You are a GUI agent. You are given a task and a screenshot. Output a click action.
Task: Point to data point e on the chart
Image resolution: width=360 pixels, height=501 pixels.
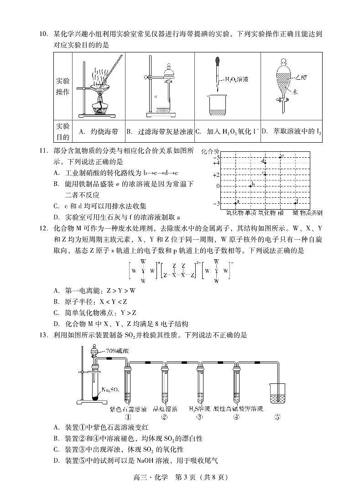coord(280,157)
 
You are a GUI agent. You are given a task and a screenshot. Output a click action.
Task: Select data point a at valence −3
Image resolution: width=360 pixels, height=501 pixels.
coord(235,202)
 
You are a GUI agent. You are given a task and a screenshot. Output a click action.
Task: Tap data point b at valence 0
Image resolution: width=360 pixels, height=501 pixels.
coord(250,185)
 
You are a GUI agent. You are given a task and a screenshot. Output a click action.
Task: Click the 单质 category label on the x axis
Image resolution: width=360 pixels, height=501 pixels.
coord(250,213)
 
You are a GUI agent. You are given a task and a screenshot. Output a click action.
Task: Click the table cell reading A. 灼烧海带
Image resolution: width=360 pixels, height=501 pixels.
coord(98,132)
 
